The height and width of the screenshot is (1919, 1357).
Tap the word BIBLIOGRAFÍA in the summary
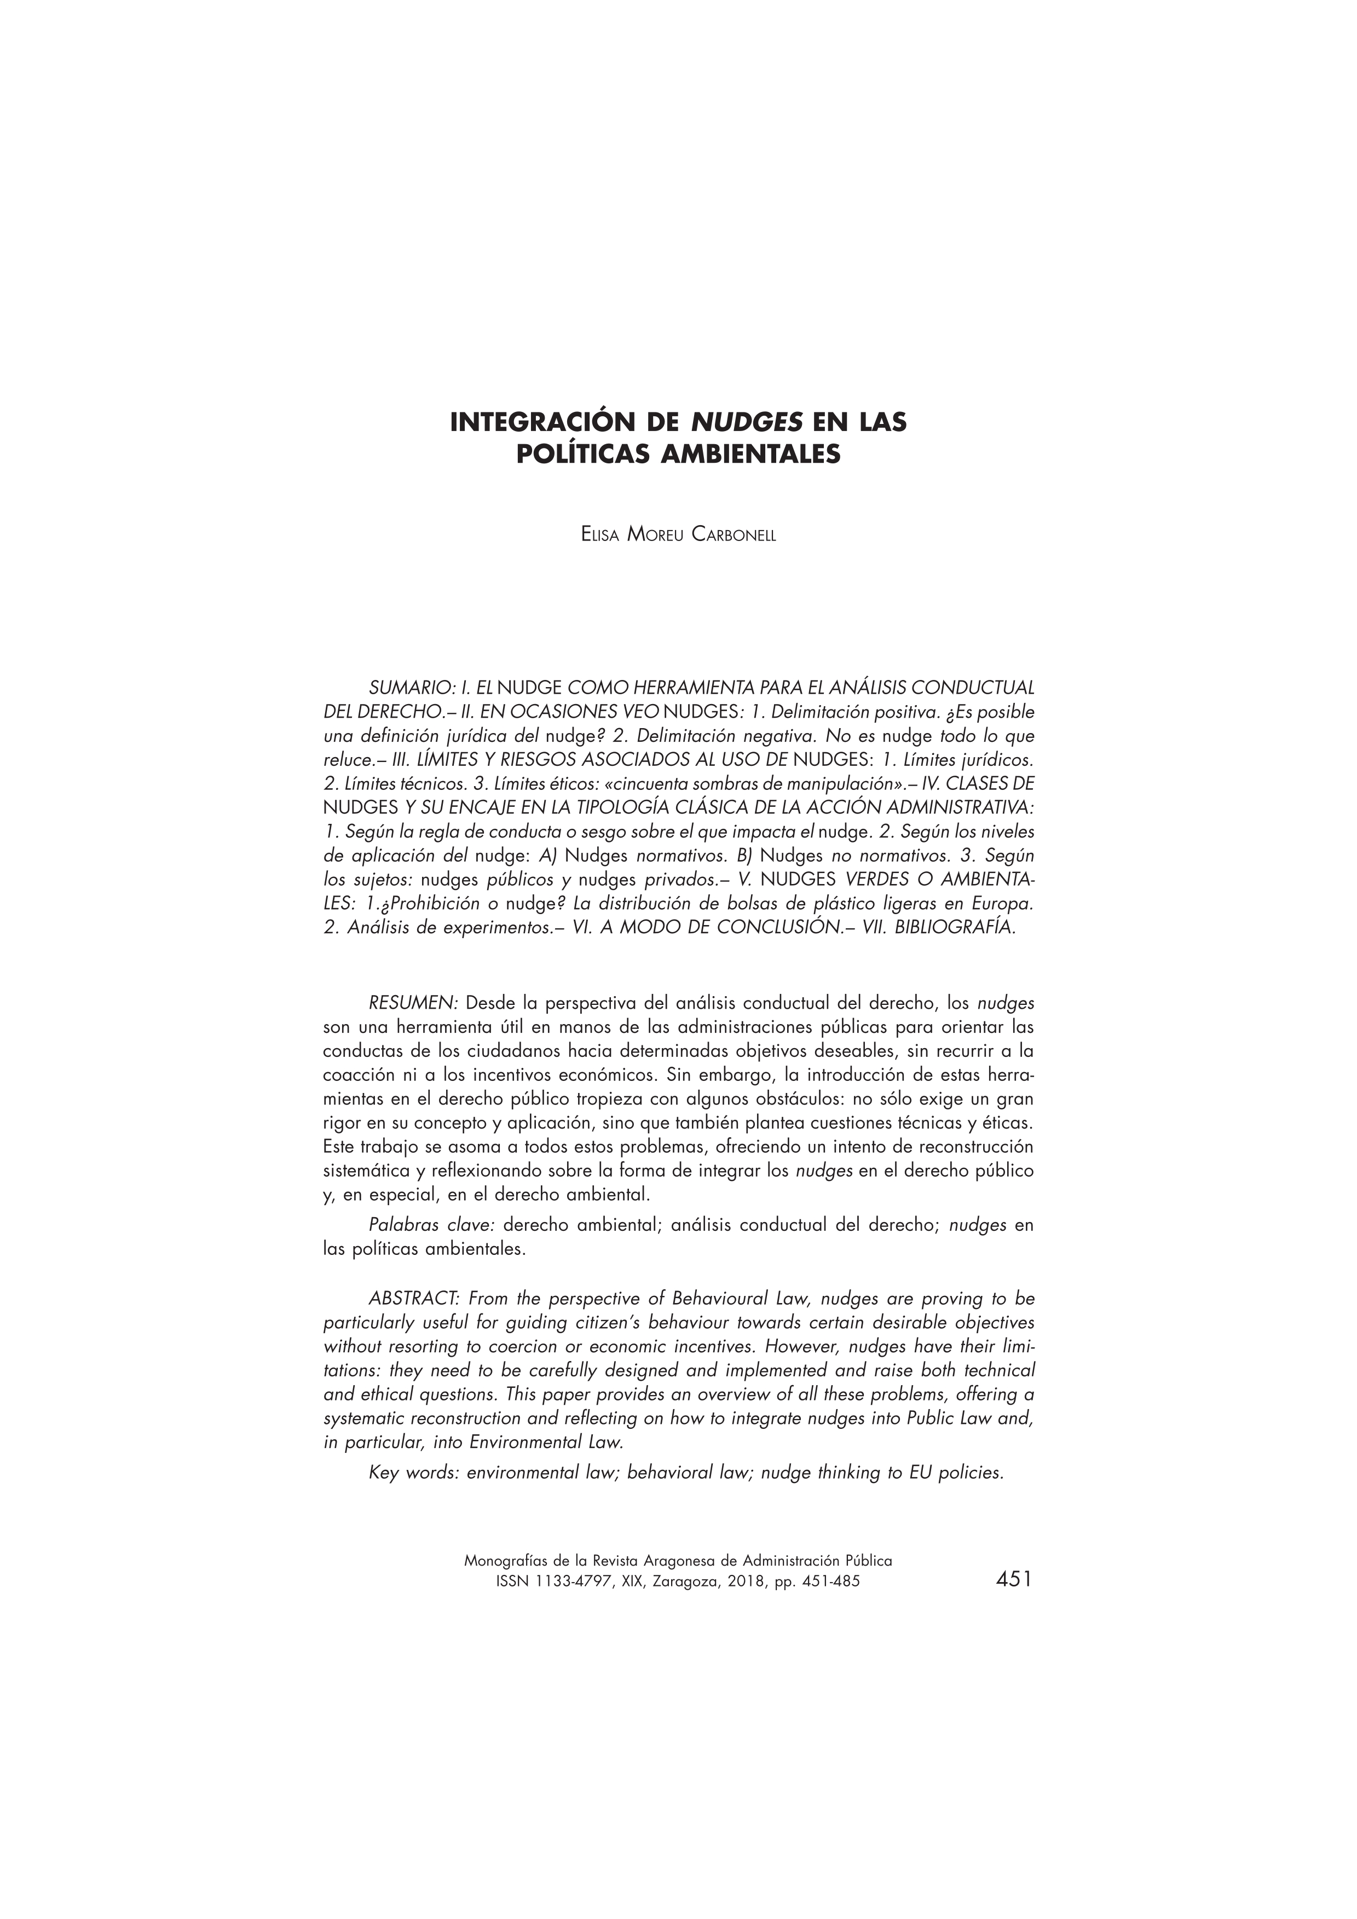click(x=954, y=928)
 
